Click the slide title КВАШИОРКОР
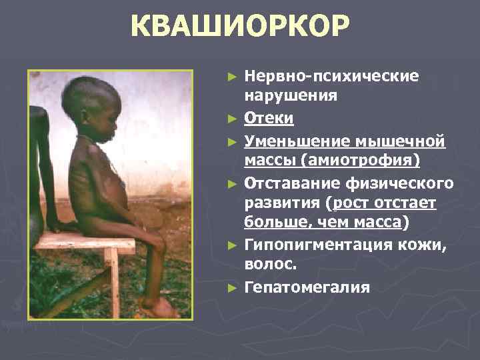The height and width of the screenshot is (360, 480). point(239,28)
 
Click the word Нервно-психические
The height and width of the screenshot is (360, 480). point(331,76)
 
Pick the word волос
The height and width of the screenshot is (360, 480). point(268,267)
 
